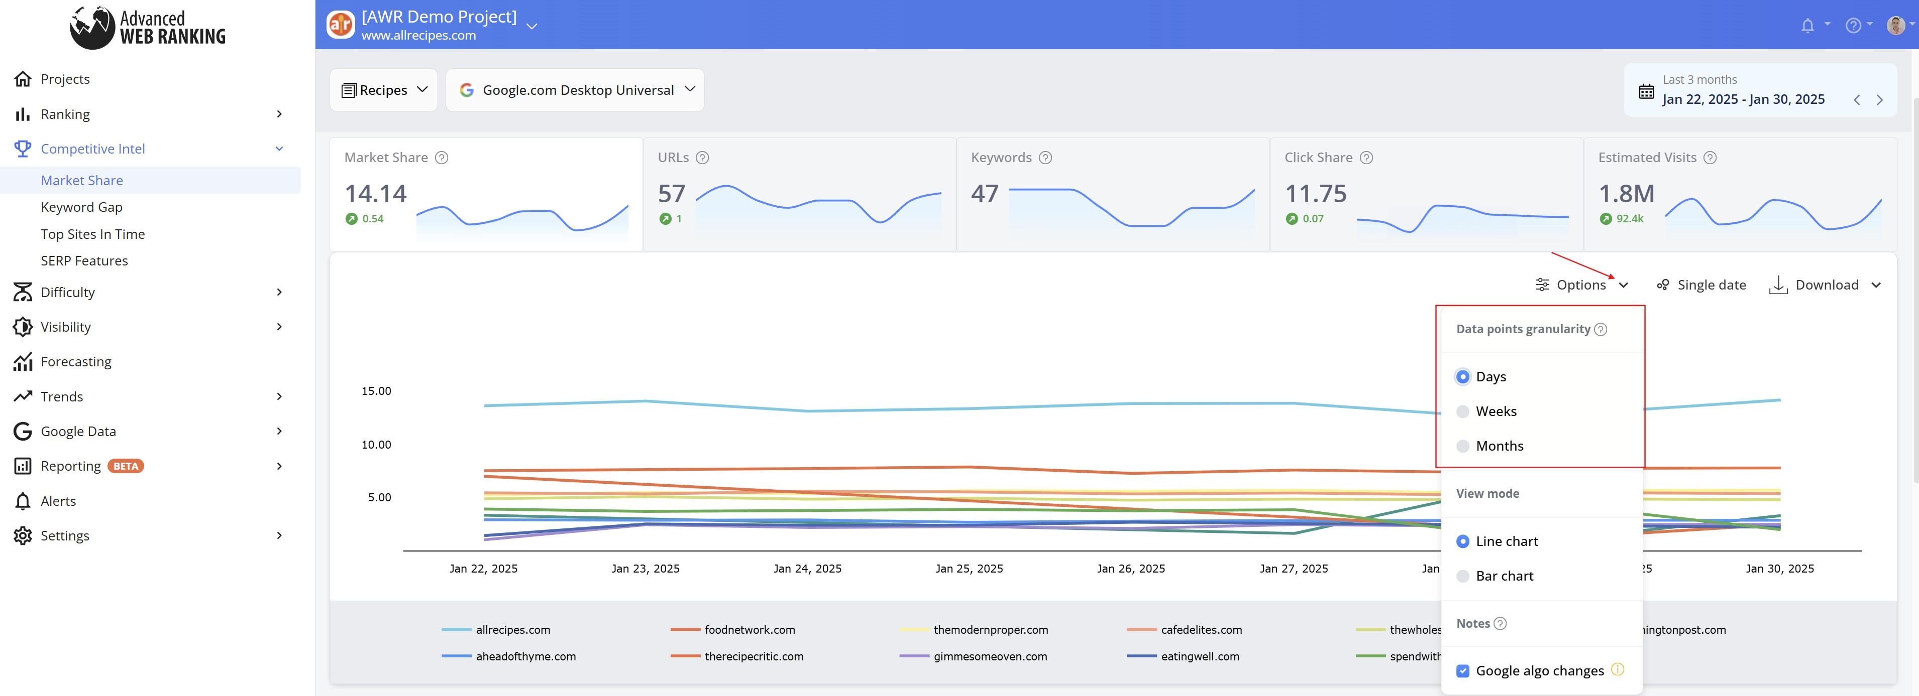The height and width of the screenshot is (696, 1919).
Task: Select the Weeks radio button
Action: tap(1463, 411)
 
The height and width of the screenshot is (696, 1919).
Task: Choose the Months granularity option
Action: tap(1463, 446)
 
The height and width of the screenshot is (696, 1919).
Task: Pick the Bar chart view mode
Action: tap(1463, 576)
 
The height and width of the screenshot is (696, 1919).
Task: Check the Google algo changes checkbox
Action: tap(1463, 671)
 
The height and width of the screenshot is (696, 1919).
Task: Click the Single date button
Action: tap(1701, 285)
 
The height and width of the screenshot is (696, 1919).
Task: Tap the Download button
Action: tap(1825, 285)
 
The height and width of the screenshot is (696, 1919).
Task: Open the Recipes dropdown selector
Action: tap(384, 90)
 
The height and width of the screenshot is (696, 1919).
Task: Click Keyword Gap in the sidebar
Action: tap(82, 207)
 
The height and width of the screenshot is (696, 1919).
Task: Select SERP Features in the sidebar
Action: tap(84, 260)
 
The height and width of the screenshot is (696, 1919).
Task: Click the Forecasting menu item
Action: tap(76, 362)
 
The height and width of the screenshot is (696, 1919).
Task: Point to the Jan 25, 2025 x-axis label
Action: tap(969, 569)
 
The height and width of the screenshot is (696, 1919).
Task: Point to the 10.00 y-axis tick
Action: tap(376, 445)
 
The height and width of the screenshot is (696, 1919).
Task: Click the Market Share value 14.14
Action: tap(375, 194)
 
